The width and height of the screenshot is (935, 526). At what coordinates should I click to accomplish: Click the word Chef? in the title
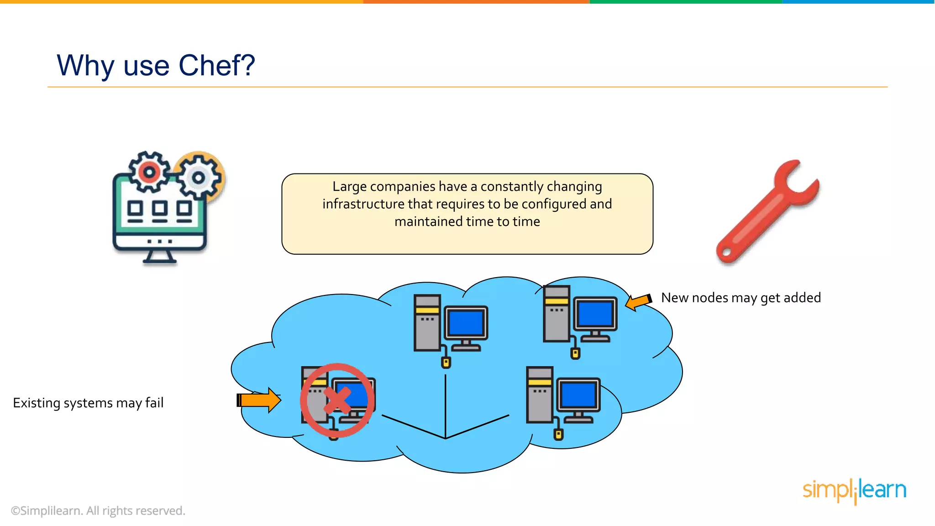(216, 65)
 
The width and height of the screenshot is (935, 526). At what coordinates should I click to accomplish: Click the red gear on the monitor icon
(149, 172)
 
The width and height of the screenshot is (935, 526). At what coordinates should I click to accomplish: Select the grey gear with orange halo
(199, 177)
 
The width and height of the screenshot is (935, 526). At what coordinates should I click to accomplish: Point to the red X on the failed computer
(337, 400)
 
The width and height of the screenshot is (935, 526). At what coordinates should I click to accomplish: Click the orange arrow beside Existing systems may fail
(259, 400)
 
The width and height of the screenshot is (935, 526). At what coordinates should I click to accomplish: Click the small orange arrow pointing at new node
(638, 302)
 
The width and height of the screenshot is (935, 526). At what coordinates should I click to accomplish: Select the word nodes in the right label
(710, 298)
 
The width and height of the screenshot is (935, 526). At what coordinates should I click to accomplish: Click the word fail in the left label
(154, 403)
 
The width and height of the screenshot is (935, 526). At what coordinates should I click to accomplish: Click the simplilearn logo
(854, 490)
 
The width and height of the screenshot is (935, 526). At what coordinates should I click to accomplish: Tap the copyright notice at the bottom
(98, 510)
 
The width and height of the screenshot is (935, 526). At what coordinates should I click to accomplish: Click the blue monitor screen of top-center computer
(466, 322)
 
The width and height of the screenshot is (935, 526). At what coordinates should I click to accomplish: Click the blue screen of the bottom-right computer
(578, 394)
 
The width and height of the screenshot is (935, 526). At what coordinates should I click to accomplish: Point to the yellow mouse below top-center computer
(446, 363)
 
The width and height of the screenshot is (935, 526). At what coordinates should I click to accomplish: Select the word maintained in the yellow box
(428, 222)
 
